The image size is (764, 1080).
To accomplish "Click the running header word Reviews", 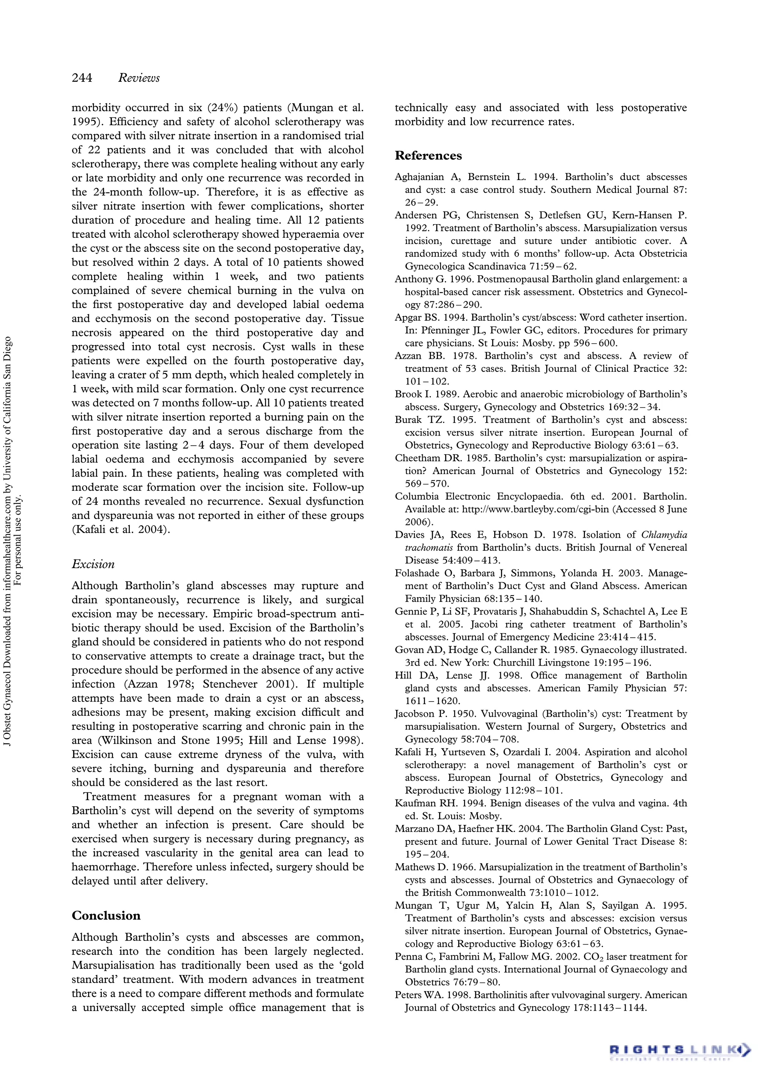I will [139, 78].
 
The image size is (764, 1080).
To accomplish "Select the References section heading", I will [428, 156].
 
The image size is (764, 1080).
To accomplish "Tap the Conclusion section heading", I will [106, 916].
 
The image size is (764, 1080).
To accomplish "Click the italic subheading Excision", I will [93, 564].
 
